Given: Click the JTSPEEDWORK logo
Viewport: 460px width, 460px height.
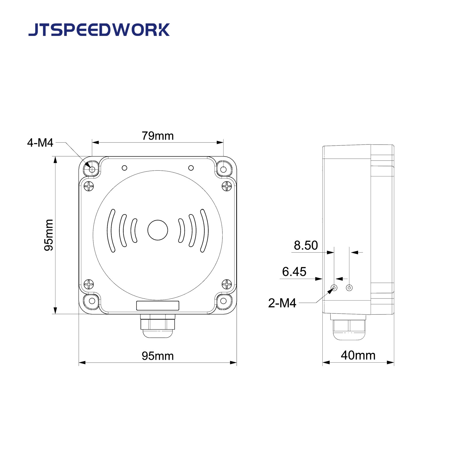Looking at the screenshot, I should coord(99,30).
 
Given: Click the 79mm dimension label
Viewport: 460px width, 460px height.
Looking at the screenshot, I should coord(158,136).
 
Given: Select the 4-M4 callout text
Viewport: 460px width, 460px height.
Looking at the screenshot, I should coord(40,143).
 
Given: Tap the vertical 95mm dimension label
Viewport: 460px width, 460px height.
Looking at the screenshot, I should coord(49,235).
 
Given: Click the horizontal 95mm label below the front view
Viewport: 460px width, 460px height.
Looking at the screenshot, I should coord(158,356).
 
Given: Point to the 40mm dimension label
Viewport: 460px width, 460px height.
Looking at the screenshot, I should coord(358,355).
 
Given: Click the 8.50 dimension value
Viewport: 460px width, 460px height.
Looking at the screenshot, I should coord(306,245).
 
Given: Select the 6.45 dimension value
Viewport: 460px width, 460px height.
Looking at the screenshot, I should coord(294,272).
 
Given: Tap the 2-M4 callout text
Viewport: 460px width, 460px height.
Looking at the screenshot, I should coord(282,303).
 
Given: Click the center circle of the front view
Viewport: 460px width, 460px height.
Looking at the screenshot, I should coord(158,230).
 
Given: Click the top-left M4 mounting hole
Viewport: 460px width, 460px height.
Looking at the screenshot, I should coord(92,170).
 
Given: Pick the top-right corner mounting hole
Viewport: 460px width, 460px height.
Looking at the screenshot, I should coord(223,170).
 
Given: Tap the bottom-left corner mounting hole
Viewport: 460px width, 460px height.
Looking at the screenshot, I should coord(92,301).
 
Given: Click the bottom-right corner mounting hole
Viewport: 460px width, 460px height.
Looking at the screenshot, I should coord(223,301).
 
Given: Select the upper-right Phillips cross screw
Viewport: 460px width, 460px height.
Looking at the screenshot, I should coord(227,186).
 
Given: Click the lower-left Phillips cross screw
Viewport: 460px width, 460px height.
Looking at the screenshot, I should coord(89,284).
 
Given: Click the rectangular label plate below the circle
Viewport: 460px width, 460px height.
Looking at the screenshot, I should coord(158,306).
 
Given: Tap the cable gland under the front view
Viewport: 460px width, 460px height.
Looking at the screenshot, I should coord(158,326).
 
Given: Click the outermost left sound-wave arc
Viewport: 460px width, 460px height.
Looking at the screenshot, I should coord(111,231).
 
